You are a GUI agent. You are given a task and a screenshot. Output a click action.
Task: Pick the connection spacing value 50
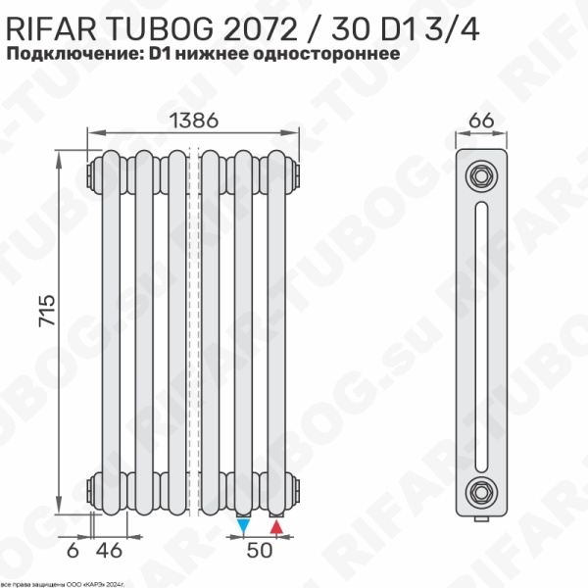coord(260,551)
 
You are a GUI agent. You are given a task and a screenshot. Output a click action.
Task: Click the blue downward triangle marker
coord(243,527)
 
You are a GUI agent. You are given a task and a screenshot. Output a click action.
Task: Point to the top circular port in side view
coord(480,176)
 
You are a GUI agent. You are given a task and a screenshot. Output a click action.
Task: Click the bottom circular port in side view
coord(480,489)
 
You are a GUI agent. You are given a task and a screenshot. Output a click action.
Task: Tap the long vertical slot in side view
coord(480,333)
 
